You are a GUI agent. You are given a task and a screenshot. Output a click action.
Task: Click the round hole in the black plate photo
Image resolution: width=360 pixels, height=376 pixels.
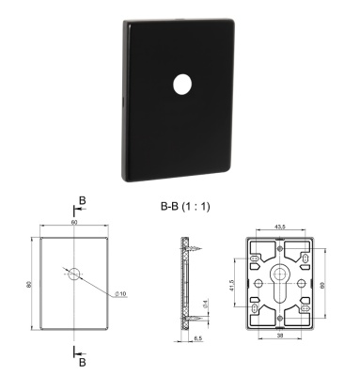click(180, 85)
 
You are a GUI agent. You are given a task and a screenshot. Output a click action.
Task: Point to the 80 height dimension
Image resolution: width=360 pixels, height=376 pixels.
click(31, 282)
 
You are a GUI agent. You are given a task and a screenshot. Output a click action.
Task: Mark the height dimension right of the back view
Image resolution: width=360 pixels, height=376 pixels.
click(325, 282)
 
